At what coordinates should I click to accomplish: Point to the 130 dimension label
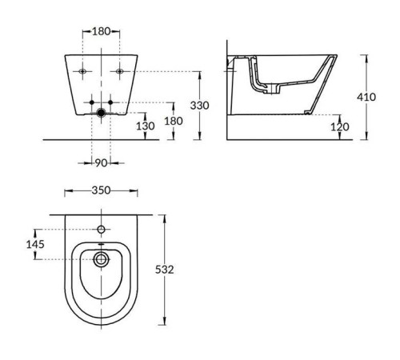(x=145, y=126)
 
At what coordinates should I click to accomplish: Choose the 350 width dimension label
(x=102, y=190)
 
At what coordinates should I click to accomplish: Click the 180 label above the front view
(x=102, y=31)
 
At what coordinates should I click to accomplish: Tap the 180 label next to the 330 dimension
(x=173, y=120)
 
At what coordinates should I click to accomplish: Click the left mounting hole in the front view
(x=83, y=72)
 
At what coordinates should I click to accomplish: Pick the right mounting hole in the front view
(x=119, y=72)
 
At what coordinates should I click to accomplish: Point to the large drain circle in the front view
(x=102, y=114)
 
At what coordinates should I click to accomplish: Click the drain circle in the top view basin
(x=102, y=259)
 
